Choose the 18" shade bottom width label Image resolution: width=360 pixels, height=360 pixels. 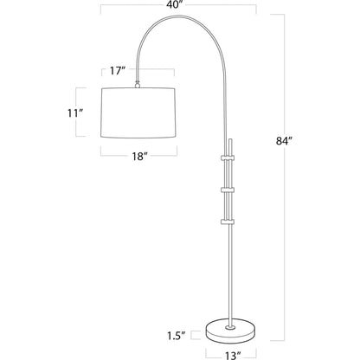click(x=138, y=157)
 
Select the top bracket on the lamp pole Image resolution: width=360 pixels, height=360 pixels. click(x=229, y=157)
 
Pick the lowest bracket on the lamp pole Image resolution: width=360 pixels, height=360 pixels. click(x=229, y=220)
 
